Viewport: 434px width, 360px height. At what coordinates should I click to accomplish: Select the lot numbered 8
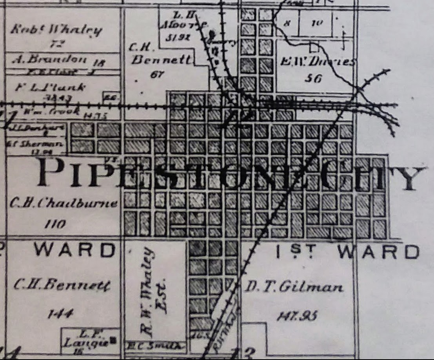287,24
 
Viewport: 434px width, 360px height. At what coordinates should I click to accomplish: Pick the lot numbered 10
316,23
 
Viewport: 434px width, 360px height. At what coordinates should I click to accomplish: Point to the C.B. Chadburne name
64,203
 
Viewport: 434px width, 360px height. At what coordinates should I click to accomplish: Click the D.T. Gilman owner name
294,288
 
